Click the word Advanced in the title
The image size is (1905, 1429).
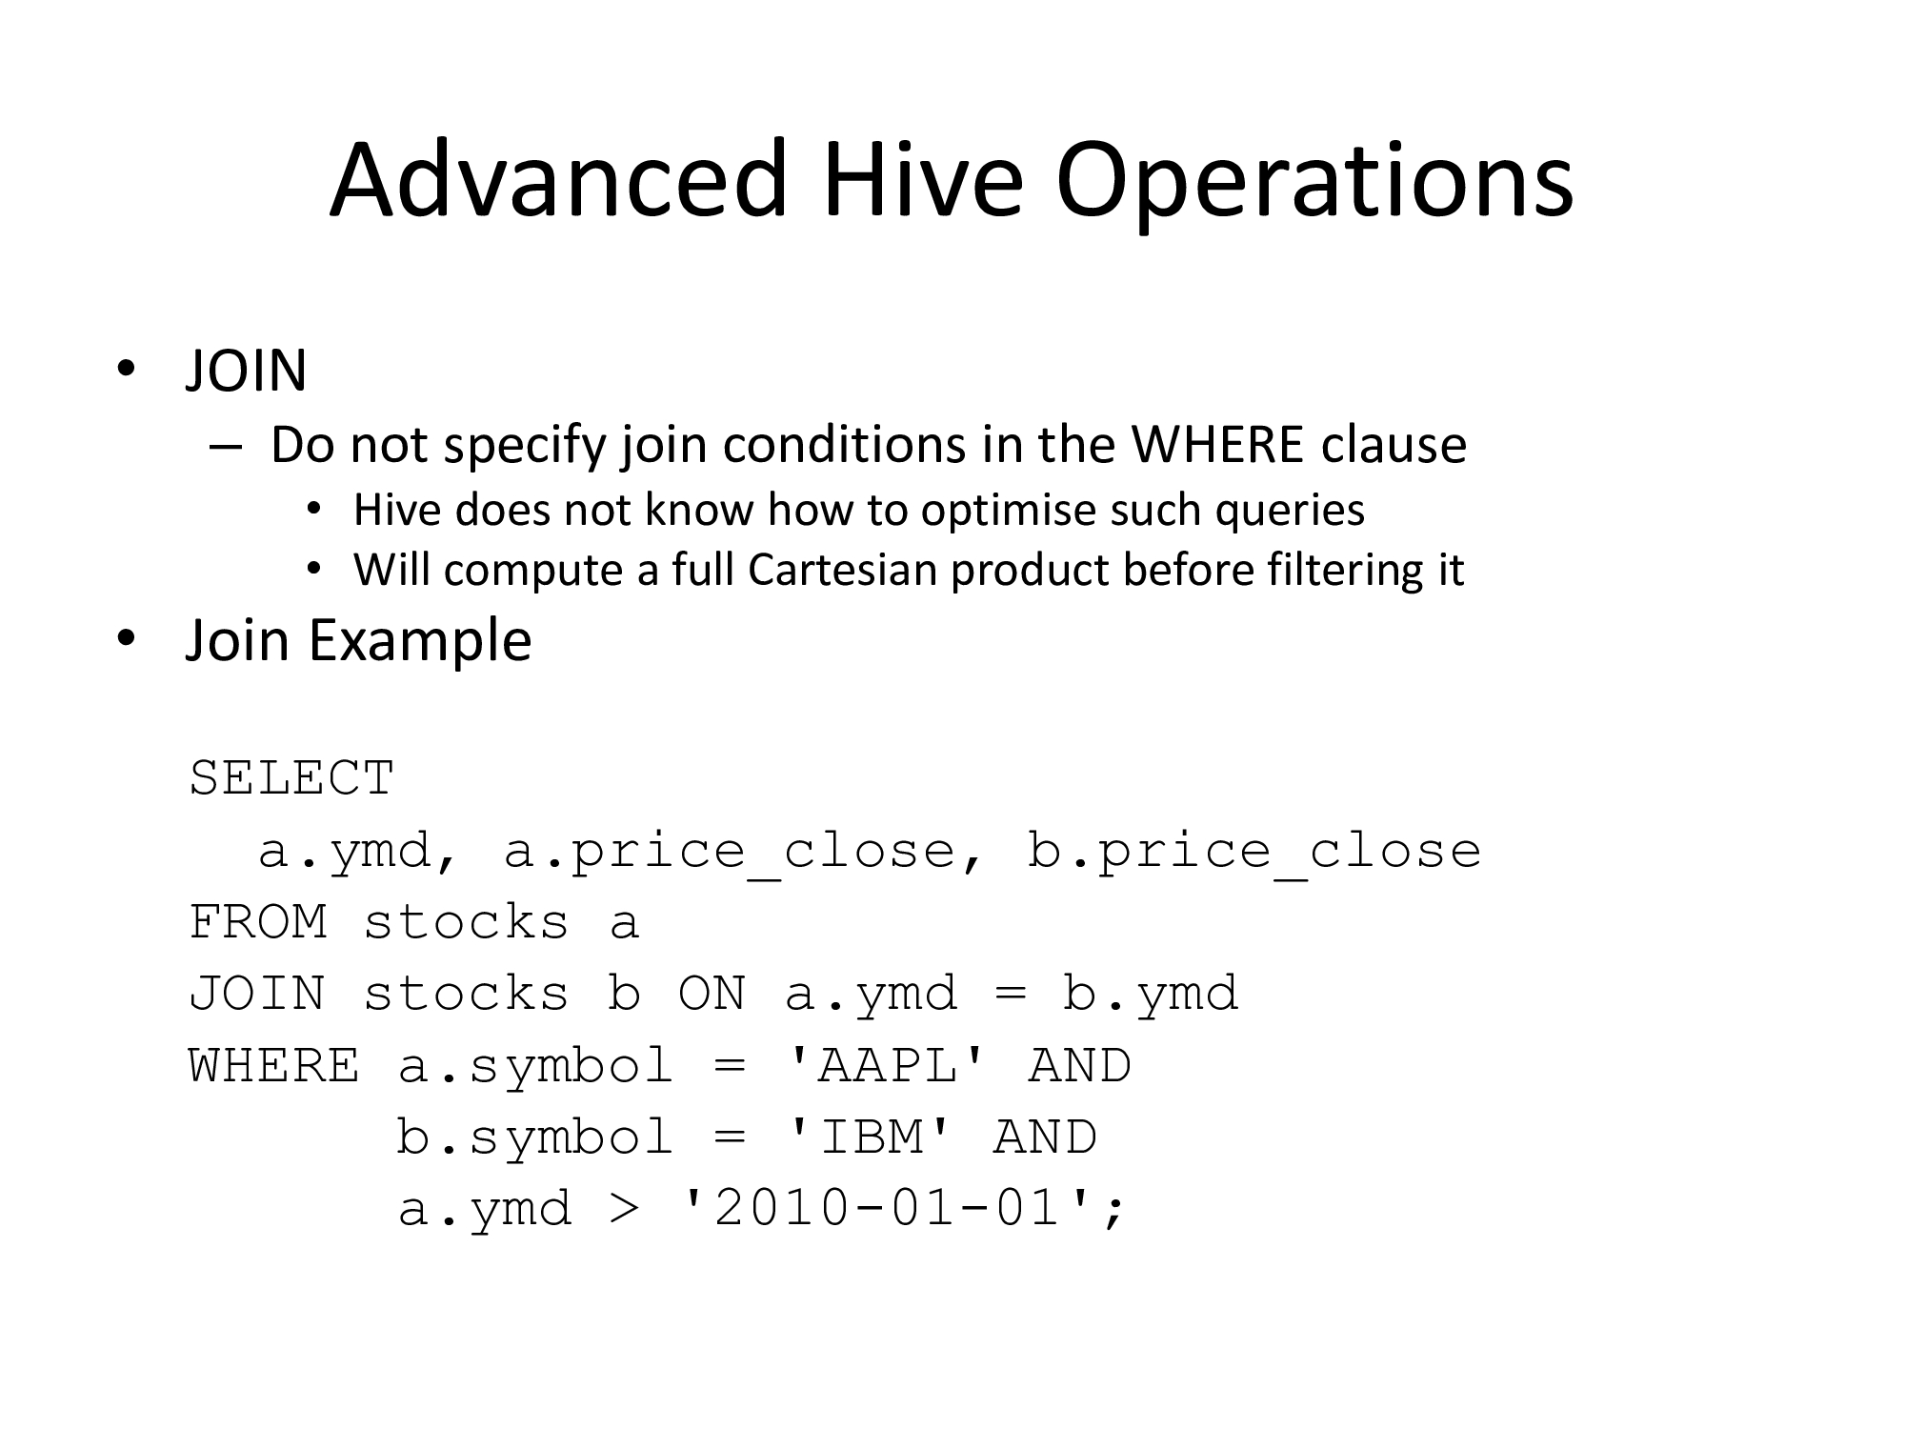click(559, 180)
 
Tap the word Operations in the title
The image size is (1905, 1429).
click(1314, 186)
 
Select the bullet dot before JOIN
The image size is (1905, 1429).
click(125, 371)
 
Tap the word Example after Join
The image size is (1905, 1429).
click(419, 641)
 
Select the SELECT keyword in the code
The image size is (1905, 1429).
click(291, 778)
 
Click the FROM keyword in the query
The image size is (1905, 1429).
click(258, 922)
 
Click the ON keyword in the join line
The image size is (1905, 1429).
click(712, 994)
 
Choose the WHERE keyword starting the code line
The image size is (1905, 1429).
click(274, 1065)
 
